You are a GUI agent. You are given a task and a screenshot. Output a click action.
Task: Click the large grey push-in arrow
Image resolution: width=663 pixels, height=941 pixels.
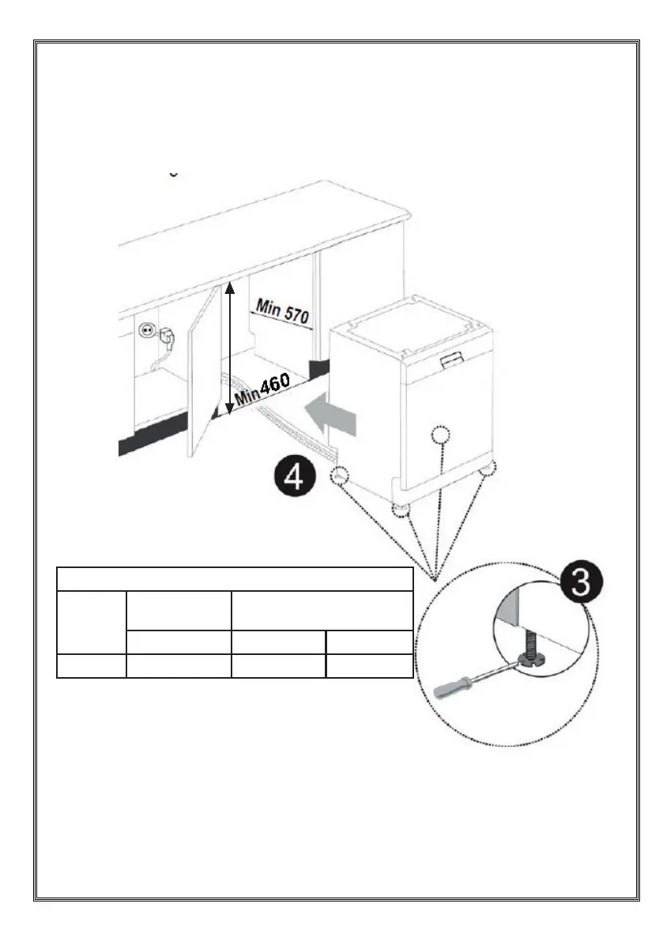pyautogui.click(x=332, y=416)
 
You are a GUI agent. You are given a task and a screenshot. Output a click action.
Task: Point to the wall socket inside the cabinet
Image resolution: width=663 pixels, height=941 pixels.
pyautogui.click(x=147, y=332)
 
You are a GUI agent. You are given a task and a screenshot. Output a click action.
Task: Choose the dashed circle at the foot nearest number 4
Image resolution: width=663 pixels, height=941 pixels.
pyautogui.click(x=341, y=475)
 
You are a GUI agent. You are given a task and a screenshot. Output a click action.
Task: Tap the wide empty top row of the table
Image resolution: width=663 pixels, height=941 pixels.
pyautogui.click(x=235, y=578)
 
